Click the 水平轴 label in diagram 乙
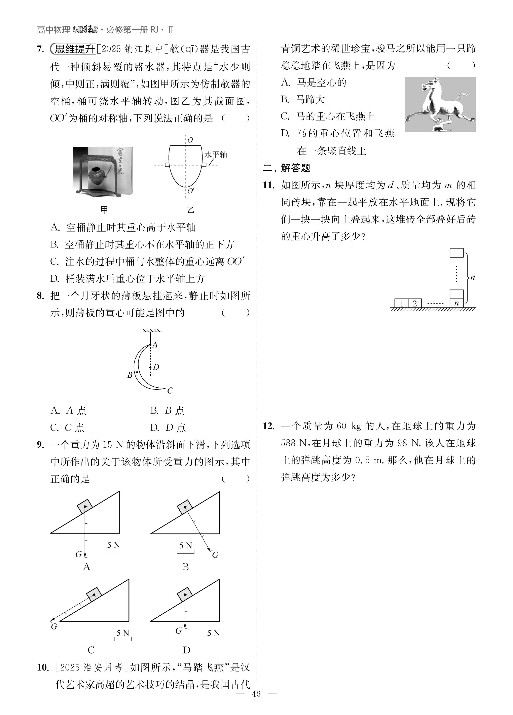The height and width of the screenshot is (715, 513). point(216,155)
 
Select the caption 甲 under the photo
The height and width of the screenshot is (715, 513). point(104,210)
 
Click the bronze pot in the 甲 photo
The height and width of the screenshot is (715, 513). point(98,177)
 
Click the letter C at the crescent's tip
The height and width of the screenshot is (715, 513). point(170,391)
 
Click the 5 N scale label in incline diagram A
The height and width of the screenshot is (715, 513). point(113,545)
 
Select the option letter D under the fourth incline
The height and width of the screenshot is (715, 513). point(186,650)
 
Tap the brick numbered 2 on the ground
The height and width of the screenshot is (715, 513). point(415,303)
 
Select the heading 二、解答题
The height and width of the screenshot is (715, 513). point(287,168)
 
